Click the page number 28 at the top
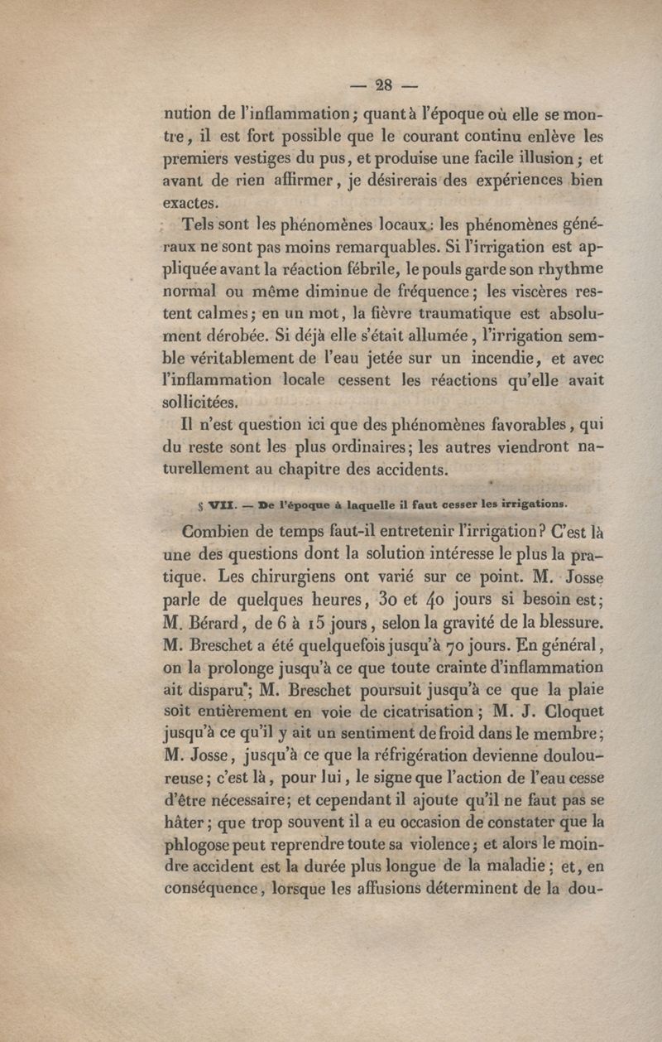click(383, 84)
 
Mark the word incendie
click(463, 359)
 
